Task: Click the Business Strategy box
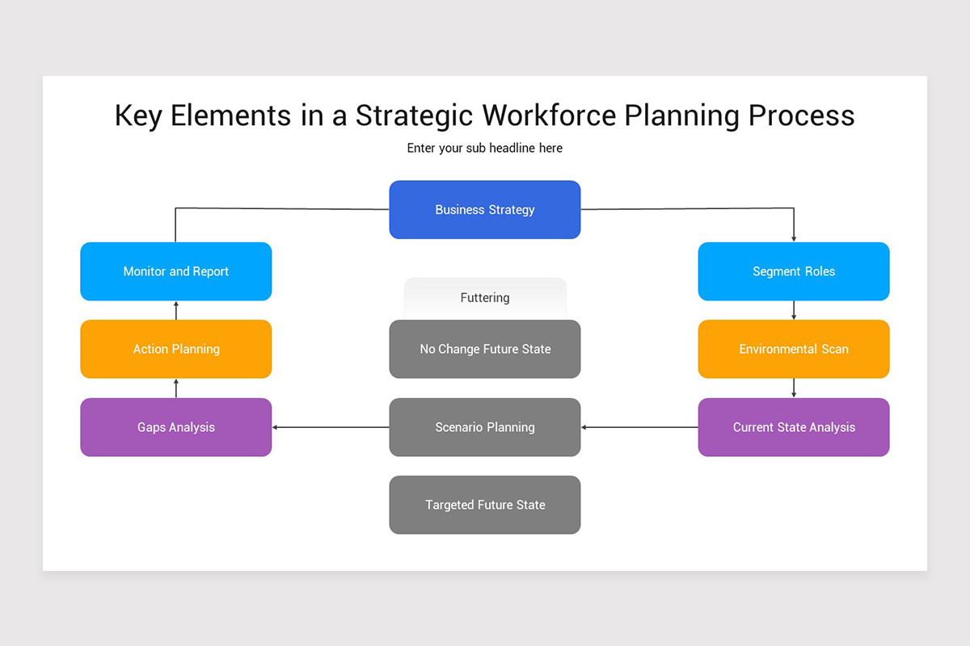pyautogui.click(x=485, y=210)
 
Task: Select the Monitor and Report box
pyautogui.click(x=176, y=271)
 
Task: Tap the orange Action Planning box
pyautogui.click(x=176, y=349)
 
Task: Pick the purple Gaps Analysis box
pyautogui.click(x=176, y=427)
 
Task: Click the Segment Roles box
pyautogui.click(x=794, y=271)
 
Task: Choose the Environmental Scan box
pyautogui.click(x=794, y=349)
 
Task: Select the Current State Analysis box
pyautogui.click(x=794, y=427)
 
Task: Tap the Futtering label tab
pyautogui.click(x=485, y=298)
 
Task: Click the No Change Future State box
pyautogui.click(x=485, y=349)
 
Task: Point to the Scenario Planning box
pyautogui.click(x=485, y=427)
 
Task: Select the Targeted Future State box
pyautogui.click(x=485, y=505)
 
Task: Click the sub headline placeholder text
pyautogui.click(x=485, y=149)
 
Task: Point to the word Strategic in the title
pyautogui.click(x=415, y=115)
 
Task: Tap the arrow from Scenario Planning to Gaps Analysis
pyautogui.click(x=331, y=427)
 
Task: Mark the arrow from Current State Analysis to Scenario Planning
pyautogui.click(x=639, y=427)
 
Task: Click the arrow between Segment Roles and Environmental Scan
pyautogui.click(x=794, y=311)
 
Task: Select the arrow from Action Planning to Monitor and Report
pyautogui.click(x=176, y=310)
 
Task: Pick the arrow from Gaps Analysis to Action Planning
pyautogui.click(x=176, y=388)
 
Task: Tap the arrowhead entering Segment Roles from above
pyautogui.click(x=794, y=238)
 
